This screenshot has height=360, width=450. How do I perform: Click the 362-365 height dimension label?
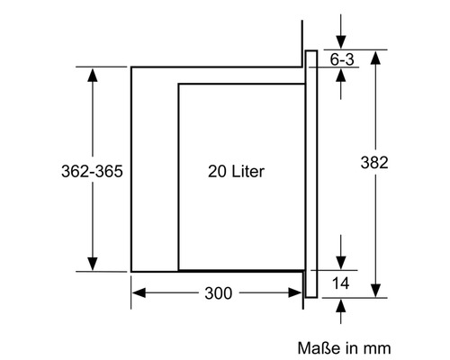(92, 171)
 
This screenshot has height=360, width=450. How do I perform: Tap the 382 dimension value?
(374, 163)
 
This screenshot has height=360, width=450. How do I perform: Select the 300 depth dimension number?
(219, 293)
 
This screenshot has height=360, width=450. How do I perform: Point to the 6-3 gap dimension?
(342, 59)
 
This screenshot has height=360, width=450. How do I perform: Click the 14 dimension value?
(341, 283)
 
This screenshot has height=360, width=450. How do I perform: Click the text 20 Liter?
(237, 172)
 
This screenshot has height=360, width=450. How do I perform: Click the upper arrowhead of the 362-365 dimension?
(93, 75)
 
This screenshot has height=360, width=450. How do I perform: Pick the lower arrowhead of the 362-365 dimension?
(93, 264)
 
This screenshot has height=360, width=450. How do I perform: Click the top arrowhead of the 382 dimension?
(375, 58)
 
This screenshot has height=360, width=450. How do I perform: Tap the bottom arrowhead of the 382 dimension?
(375, 290)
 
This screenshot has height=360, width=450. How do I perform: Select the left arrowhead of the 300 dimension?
(139, 292)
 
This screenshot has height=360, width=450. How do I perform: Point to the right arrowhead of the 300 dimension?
(295, 292)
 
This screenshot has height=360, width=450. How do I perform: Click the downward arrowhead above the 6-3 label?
(341, 41)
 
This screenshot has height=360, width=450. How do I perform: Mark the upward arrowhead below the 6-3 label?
(341, 75)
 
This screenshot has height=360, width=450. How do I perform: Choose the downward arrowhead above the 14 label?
(341, 263)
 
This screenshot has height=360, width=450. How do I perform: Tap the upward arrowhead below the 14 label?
(341, 306)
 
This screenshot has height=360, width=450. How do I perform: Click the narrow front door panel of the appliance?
(311, 174)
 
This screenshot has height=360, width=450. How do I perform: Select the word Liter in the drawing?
(248, 172)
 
